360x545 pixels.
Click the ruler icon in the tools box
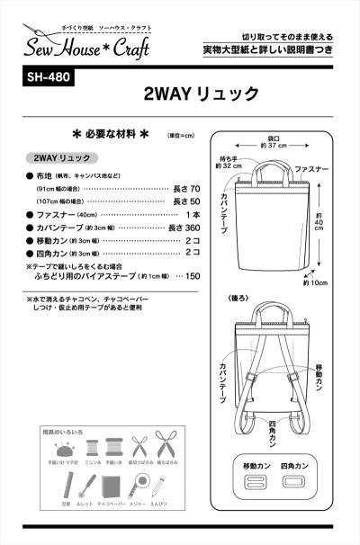(63, 488)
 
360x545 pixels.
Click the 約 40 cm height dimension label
(319, 228)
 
